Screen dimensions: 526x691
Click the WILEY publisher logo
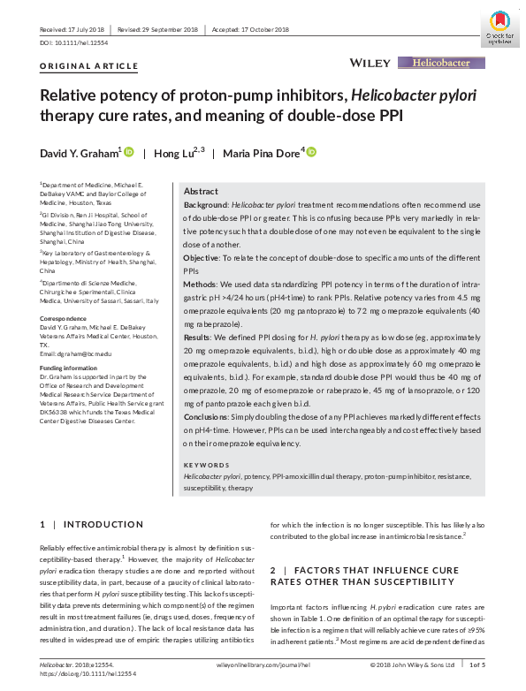click(x=370, y=63)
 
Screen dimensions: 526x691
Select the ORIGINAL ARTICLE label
click(x=89, y=66)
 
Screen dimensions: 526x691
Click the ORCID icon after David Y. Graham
click(x=129, y=153)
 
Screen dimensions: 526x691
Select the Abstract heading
click(x=201, y=192)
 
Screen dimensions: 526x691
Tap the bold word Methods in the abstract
click(x=200, y=285)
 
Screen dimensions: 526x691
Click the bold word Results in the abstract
click(x=198, y=338)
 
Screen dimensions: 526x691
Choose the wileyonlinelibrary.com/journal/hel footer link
click(x=263, y=664)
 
